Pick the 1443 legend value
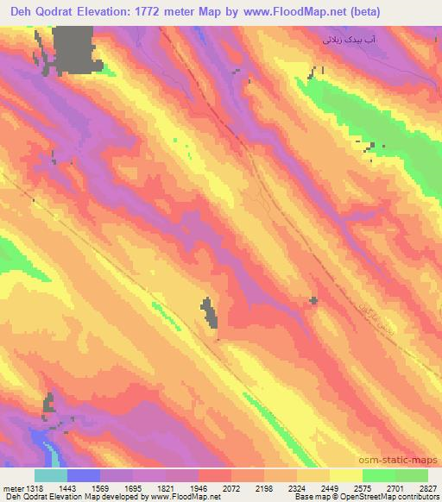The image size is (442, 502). pos(68,489)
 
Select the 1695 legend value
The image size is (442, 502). pos(134,489)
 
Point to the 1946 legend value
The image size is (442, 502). pos(199,489)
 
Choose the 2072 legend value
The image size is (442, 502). pos(232,489)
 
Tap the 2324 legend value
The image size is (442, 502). pos(298,489)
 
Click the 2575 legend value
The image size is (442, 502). pos(363,489)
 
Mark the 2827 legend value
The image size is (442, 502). pos(428,489)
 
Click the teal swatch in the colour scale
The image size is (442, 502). pos(51,475)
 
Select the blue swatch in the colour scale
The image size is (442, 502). pos(84,475)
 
